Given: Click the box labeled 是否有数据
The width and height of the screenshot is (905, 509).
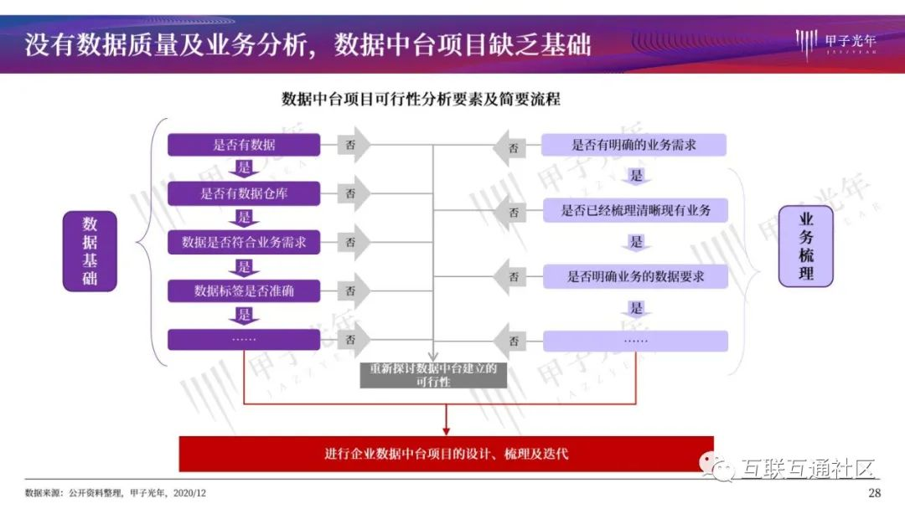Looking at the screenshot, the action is click(x=244, y=145).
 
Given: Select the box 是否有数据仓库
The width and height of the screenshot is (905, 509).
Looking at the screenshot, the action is click(x=244, y=193).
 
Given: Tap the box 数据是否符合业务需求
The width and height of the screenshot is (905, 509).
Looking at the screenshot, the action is click(x=244, y=242).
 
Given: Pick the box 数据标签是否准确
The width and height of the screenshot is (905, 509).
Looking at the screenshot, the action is click(x=244, y=291).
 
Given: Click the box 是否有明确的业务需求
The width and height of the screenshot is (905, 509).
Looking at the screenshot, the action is click(x=633, y=145).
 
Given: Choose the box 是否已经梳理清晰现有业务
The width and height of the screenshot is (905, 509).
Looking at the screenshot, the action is click(x=635, y=210).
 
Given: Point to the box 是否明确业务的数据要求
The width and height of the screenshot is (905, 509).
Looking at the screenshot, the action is click(x=635, y=277).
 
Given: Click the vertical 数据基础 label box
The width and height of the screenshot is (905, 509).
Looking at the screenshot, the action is click(x=90, y=251).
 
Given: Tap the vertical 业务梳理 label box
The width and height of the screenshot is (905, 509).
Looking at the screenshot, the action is click(x=806, y=246).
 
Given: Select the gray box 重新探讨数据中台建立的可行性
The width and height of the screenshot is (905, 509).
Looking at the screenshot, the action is click(x=433, y=375).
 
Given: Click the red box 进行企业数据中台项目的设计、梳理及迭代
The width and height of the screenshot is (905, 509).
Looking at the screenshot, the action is click(x=446, y=454).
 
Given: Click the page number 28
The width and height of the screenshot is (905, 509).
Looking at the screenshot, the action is click(x=874, y=493).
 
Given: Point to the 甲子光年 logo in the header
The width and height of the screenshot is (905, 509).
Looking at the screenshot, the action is click(x=835, y=43).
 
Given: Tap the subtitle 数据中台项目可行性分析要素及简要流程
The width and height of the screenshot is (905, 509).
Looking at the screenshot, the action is click(x=421, y=99).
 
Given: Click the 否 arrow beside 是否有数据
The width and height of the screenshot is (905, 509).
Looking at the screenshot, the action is click(x=354, y=145).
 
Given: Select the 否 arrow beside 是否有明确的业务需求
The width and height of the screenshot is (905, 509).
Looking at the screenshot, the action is click(x=509, y=148).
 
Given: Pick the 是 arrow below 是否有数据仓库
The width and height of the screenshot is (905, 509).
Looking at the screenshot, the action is click(x=244, y=218).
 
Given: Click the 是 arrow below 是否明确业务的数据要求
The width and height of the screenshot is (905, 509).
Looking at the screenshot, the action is click(x=636, y=309).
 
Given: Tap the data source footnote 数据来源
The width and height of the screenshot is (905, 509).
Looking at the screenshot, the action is click(x=116, y=493).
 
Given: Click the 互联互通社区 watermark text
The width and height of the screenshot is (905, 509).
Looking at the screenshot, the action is click(x=807, y=469).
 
